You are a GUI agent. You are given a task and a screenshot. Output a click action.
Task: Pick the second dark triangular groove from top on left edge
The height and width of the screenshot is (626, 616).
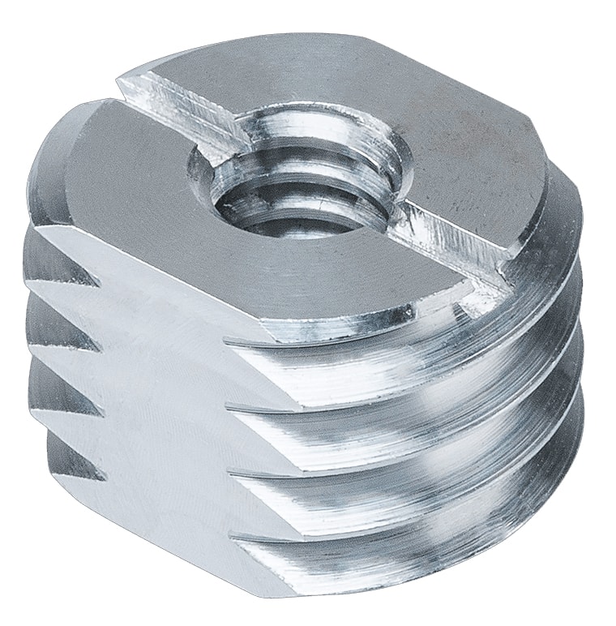(x=77, y=332)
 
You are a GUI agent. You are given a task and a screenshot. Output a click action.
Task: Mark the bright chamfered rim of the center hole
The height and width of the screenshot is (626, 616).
(x=357, y=154)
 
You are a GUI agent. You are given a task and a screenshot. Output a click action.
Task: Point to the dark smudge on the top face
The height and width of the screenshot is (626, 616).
(x=494, y=138)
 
